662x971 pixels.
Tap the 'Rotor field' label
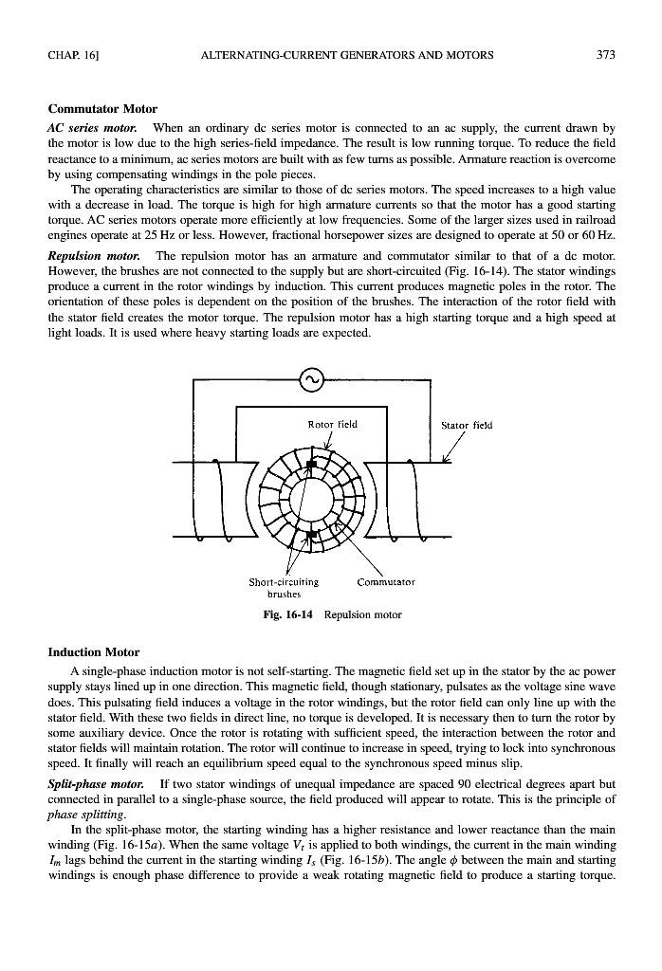click(x=333, y=424)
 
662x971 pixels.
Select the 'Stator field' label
click(x=468, y=425)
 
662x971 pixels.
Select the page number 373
click(x=606, y=55)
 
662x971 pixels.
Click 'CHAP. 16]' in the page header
click(x=74, y=55)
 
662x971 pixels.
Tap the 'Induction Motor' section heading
click(x=93, y=652)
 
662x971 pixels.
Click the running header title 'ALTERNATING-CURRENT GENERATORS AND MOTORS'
click(x=347, y=55)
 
